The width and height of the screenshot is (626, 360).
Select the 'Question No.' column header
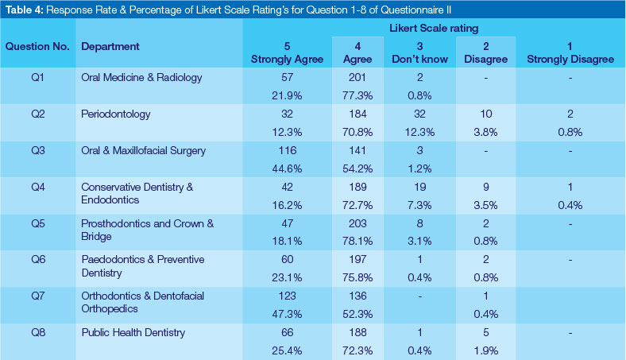[37, 46]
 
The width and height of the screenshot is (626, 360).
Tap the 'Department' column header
[110, 46]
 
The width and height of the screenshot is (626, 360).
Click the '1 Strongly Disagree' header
[571, 52]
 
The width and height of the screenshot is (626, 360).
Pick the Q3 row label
[38, 151]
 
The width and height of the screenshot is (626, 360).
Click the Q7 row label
[38, 296]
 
